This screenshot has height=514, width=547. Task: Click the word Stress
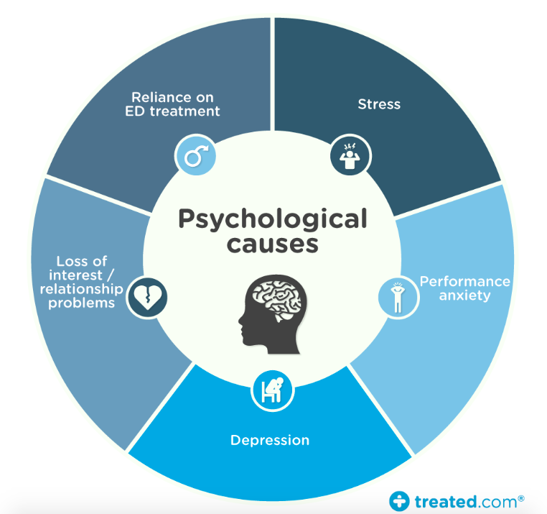[x=379, y=104]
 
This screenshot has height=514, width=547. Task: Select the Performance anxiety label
[x=464, y=288]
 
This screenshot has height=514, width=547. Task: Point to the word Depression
[x=270, y=439]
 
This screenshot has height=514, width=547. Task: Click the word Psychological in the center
[x=273, y=219]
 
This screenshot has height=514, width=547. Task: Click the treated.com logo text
[x=465, y=500]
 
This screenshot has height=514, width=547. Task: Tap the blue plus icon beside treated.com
[x=399, y=500]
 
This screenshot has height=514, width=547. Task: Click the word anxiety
[x=465, y=295]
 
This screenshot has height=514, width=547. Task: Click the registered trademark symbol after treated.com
[x=520, y=496]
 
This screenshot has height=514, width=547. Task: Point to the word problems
[x=82, y=303]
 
